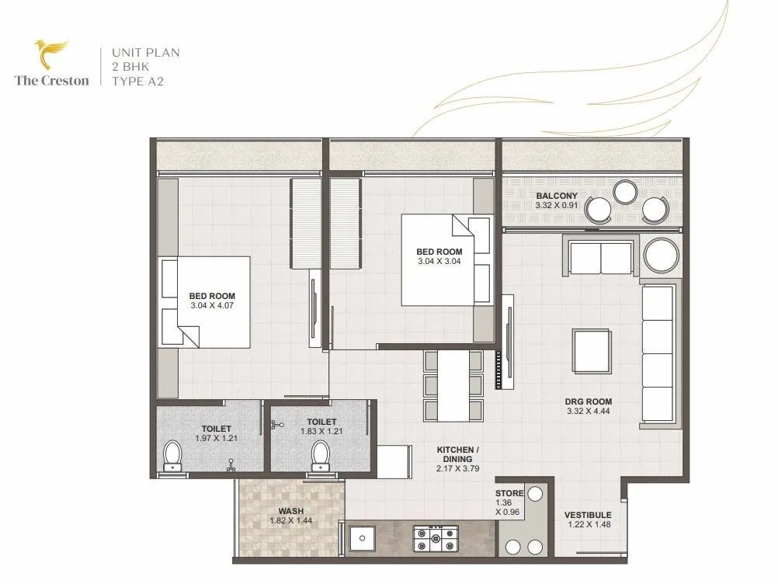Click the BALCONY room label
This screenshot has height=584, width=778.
556,195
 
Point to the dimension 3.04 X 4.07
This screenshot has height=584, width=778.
212,306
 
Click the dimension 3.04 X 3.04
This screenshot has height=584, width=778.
439,262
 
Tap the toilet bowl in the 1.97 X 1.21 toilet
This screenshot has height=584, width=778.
172,456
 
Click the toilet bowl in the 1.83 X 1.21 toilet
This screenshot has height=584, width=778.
319,456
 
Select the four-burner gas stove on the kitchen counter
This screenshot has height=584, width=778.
436,537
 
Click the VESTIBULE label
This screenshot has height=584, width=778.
588,515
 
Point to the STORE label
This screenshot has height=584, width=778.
509,493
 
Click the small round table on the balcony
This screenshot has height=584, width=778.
625,191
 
